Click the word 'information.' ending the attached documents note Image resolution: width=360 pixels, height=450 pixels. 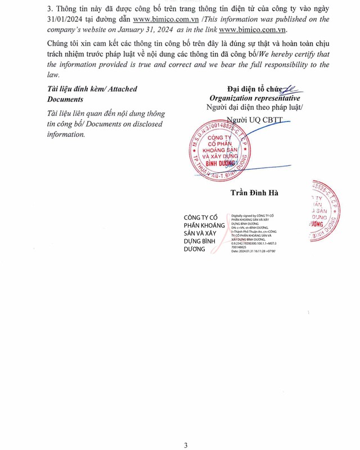66,134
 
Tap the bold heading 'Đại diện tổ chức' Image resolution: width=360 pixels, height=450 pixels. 253,89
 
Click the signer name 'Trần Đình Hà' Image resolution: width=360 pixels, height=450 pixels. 254,193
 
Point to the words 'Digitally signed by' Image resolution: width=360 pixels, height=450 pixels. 243,215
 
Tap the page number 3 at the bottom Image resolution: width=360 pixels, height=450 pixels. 186,445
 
